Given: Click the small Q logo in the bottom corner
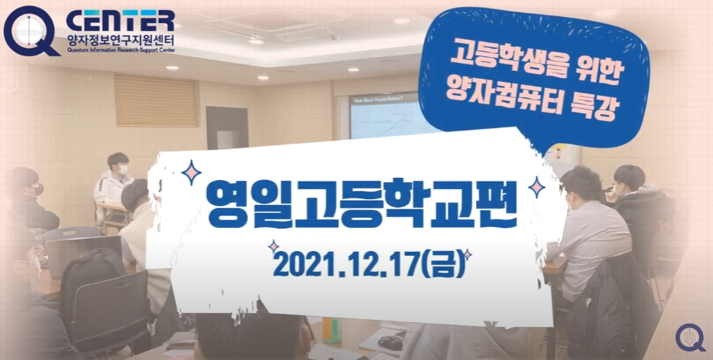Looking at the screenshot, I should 690,338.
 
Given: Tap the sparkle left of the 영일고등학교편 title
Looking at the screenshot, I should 190,171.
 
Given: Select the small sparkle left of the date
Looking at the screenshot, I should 273,246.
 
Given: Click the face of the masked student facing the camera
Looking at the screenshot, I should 121,167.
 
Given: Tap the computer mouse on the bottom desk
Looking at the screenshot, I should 391,341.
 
